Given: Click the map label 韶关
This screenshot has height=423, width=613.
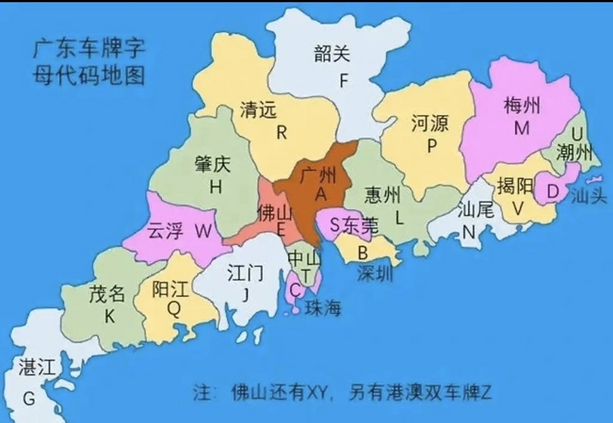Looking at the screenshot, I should point(332,54).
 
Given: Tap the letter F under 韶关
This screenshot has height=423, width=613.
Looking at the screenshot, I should point(344,80).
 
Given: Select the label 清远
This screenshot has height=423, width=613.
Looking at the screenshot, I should point(258,110).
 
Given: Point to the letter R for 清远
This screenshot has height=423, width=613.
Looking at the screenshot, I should point(281,133).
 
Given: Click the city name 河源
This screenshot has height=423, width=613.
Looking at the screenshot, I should point(430,123).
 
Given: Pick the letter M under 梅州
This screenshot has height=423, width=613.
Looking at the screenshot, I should point(522,128).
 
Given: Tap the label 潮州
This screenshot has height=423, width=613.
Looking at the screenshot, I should point(574,153).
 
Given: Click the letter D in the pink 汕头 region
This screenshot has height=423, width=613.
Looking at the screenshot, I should point(553,192).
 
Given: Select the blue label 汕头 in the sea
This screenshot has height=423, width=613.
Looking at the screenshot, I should point(589,196).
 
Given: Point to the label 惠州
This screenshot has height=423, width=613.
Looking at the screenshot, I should point(382,195).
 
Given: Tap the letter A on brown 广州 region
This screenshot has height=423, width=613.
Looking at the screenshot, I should point(321,195).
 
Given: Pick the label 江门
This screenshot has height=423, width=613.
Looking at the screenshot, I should point(245,273).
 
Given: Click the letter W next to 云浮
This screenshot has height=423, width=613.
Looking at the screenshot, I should point(203,231).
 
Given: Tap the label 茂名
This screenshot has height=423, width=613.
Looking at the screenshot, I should point(107,294).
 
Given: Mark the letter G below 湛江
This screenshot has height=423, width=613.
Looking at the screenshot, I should point(29,398).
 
